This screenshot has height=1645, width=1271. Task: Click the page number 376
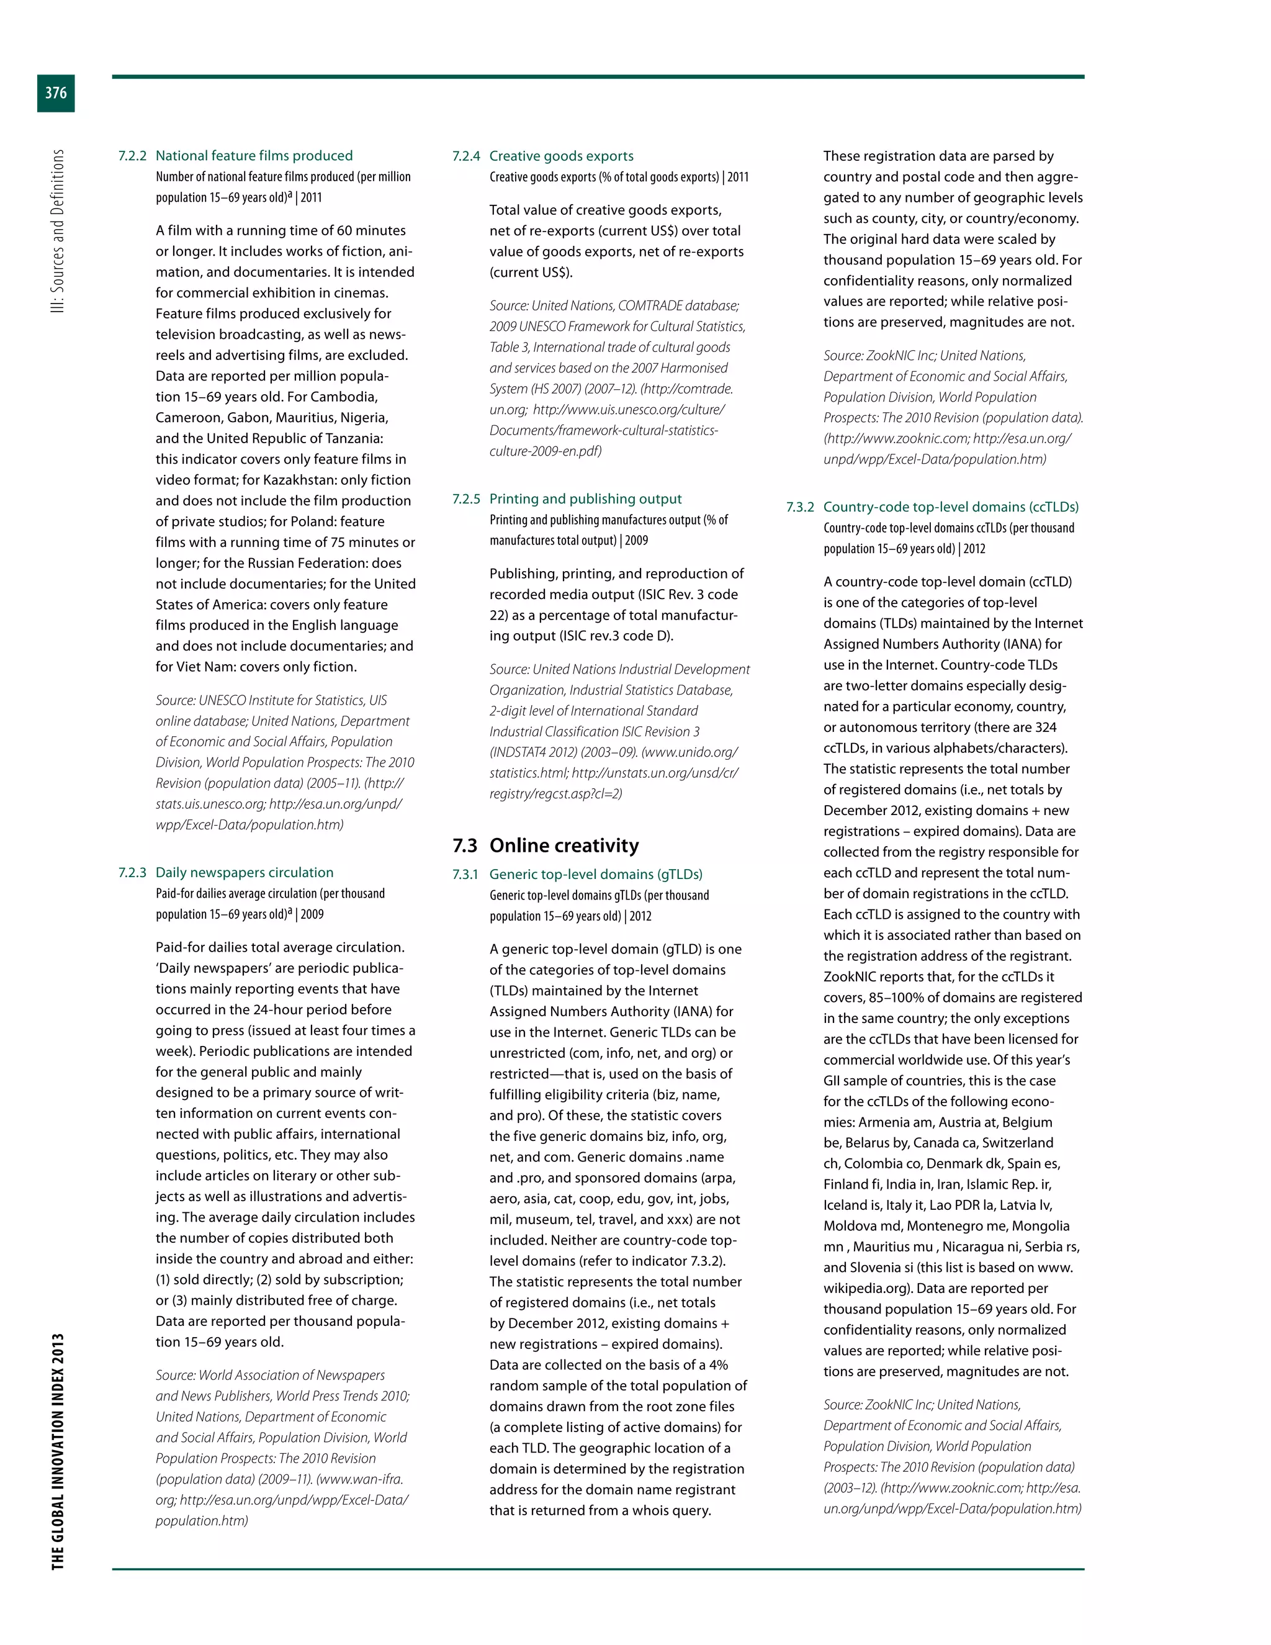click(x=56, y=92)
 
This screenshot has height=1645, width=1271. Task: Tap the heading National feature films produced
click(x=254, y=156)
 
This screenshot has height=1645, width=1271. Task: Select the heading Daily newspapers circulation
click(x=244, y=872)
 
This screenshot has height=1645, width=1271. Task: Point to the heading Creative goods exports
click(x=561, y=156)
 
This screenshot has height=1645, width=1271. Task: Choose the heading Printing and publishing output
click(x=585, y=498)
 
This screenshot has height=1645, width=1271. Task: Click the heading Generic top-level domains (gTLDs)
click(x=596, y=874)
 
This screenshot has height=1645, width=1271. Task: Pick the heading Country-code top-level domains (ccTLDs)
click(x=950, y=507)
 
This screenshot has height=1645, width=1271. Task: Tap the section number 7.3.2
click(x=799, y=507)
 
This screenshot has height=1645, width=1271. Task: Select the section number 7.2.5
click(x=466, y=498)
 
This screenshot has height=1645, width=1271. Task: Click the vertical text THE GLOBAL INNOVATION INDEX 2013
click(x=57, y=1451)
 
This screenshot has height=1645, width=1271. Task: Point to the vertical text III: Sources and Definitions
click(x=57, y=232)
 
